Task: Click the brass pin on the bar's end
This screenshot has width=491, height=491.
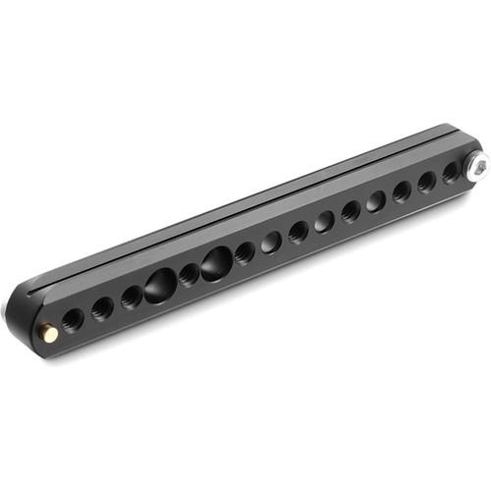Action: point(47,333)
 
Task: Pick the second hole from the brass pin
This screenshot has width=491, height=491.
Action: point(101,308)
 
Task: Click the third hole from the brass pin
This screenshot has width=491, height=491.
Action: point(132,297)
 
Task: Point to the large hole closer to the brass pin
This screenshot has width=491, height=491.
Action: point(160,286)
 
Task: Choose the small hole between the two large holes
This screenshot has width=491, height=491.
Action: point(190,274)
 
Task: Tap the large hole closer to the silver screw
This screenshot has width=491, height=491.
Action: point(217,262)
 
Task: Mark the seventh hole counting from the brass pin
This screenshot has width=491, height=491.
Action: point(245,252)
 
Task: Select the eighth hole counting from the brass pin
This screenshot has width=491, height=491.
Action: point(272,242)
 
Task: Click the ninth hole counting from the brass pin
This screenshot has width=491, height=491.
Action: point(299,232)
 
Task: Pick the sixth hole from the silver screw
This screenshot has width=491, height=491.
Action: point(324,222)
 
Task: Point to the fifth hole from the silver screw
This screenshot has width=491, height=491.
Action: point(351,211)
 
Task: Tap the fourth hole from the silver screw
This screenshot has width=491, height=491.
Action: point(376,201)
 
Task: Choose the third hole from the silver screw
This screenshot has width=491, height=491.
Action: point(402,191)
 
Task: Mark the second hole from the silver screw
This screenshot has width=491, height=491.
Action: point(426,182)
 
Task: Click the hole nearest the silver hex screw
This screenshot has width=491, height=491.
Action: point(451,173)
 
